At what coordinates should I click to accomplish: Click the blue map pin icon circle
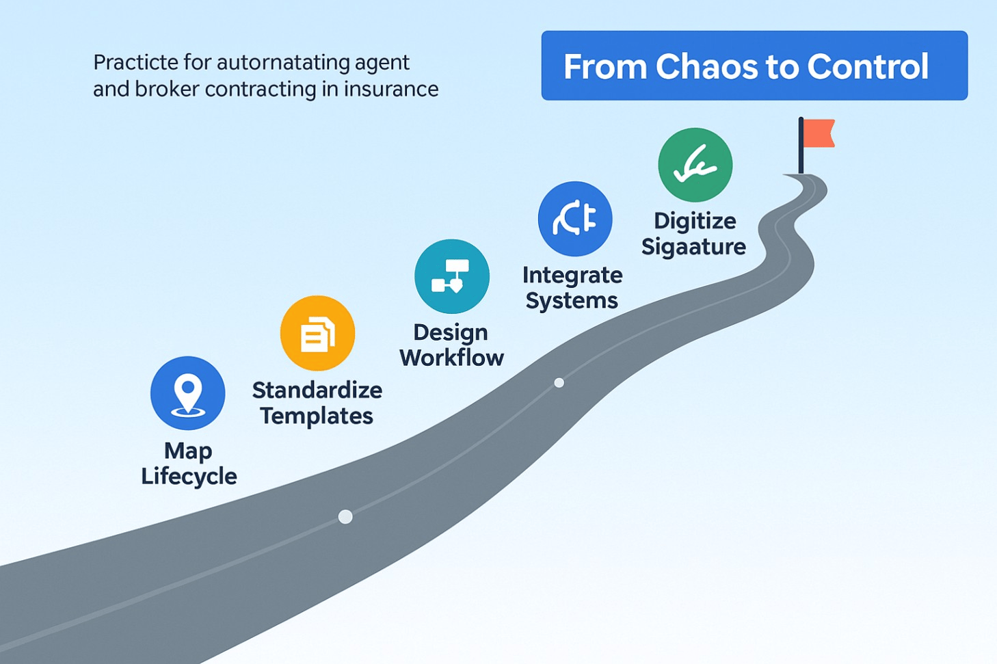pyautogui.click(x=188, y=393)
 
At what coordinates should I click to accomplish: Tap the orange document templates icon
pyautogui.click(x=317, y=334)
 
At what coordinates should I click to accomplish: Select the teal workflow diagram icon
pyautogui.click(x=452, y=276)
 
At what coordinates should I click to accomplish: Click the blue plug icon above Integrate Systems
pyautogui.click(x=575, y=219)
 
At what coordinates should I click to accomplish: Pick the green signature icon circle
pyautogui.click(x=695, y=165)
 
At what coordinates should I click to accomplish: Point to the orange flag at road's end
pyautogui.click(x=819, y=133)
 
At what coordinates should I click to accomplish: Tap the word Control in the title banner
pyautogui.click(x=867, y=66)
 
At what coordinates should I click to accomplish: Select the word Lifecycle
pyautogui.click(x=189, y=476)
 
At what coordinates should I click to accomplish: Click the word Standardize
pyautogui.click(x=317, y=390)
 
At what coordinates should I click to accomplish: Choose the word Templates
pyautogui.click(x=317, y=416)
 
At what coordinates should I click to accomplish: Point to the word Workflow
pyautogui.click(x=452, y=358)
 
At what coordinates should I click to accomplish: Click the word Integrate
pyautogui.click(x=572, y=275)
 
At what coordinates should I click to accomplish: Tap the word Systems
pyautogui.click(x=572, y=301)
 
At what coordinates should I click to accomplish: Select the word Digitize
pyautogui.click(x=695, y=221)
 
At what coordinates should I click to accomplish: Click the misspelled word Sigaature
pyautogui.click(x=693, y=247)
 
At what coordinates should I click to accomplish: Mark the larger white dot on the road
pyautogui.click(x=345, y=517)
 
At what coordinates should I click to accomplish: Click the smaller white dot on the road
pyautogui.click(x=559, y=383)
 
